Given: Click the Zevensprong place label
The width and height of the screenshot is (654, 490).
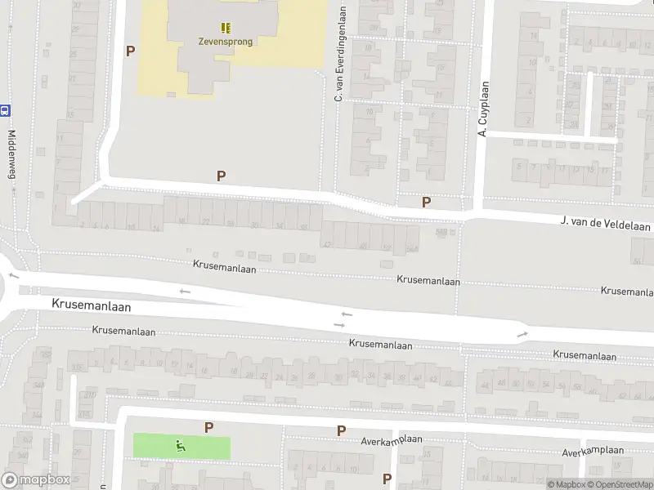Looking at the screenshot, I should click(x=225, y=42).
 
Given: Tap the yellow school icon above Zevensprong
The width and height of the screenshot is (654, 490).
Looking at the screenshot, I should click(x=225, y=28).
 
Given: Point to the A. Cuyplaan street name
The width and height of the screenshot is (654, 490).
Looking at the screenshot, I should click(x=483, y=109).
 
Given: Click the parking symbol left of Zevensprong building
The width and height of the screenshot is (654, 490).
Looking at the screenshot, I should click(x=130, y=51).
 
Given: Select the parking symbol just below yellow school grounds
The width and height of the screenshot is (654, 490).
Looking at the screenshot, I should click(x=221, y=175).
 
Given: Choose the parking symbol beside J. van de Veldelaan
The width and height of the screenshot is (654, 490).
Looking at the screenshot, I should click(x=426, y=202).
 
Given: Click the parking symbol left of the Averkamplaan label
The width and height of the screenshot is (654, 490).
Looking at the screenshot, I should click(x=341, y=430).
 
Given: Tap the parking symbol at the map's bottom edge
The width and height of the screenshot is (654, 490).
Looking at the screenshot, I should click(x=387, y=479).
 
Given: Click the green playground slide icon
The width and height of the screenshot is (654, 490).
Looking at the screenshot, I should click(x=180, y=446).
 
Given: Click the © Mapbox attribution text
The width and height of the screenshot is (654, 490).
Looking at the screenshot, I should click(x=566, y=484).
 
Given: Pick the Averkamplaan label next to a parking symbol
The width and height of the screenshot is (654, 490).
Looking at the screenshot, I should click(x=392, y=440).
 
